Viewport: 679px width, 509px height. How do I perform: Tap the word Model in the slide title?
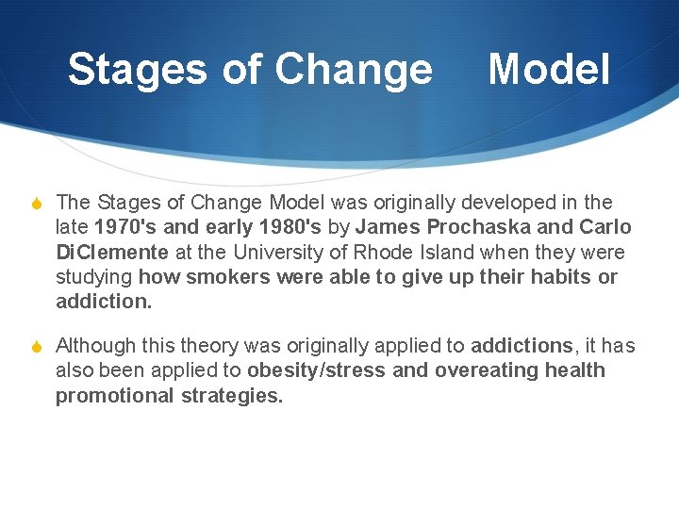pos(549,70)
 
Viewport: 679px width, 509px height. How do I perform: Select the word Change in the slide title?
pos(354,70)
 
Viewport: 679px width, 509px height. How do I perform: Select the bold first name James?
pos(389,227)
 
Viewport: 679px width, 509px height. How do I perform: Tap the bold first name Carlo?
pos(604,227)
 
